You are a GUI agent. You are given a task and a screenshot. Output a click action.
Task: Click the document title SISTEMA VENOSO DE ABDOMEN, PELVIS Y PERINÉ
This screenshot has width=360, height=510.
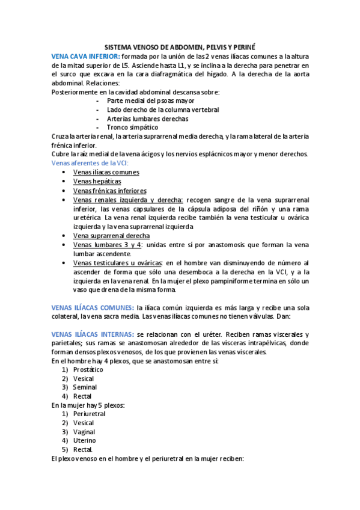click(180, 46)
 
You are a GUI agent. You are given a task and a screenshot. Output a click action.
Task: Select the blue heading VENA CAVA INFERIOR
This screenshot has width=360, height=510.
click(86, 55)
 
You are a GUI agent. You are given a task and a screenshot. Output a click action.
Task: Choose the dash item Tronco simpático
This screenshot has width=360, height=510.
click(132, 127)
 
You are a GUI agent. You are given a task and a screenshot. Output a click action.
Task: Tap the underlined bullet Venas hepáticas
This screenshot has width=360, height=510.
click(97, 181)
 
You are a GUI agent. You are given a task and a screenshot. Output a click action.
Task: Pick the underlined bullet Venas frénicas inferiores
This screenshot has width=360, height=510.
click(109, 191)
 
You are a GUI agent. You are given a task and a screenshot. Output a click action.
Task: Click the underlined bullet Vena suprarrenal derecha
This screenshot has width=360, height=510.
click(111, 236)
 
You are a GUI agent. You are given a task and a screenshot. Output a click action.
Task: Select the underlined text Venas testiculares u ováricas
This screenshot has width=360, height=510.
click(117, 263)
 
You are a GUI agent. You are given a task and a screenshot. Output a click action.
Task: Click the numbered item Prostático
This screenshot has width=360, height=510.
click(88, 370)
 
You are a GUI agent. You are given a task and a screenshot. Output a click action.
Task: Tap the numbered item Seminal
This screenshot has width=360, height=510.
click(85, 388)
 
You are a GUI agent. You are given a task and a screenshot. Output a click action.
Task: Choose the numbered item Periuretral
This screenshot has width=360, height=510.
click(89, 414)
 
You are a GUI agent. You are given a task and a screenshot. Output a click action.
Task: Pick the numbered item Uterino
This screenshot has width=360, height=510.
click(84, 441)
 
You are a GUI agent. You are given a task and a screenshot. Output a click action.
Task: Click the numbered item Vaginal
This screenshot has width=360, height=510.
click(84, 432)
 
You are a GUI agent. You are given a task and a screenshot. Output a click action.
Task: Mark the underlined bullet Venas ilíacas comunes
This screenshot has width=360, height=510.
click(106, 172)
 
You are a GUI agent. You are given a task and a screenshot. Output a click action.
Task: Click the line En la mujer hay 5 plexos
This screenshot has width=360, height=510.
click(88, 405)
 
